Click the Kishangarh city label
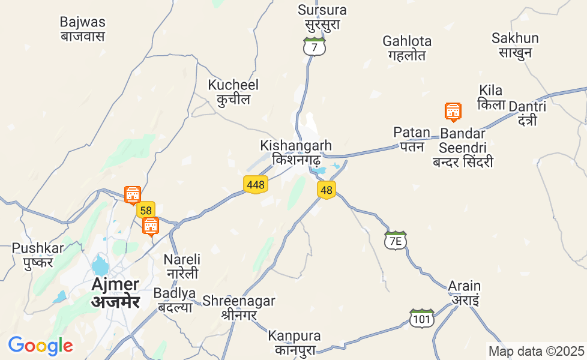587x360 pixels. [x=296, y=153]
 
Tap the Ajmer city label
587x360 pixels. [x=115, y=292]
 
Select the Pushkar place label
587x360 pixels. [x=38, y=255]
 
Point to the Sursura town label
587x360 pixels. [x=322, y=17]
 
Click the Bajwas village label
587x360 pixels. [x=83, y=29]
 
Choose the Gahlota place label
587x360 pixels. [x=407, y=48]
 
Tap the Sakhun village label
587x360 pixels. [x=515, y=45]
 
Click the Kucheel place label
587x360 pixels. [x=233, y=92]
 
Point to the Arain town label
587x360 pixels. [x=465, y=293]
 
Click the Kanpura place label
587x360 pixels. [x=295, y=343]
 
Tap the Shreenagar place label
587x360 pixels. [x=239, y=307]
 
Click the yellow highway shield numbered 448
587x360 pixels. [x=256, y=185]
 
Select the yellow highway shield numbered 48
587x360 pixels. [x=327, y=190]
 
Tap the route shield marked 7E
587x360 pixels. [x=395, y=241]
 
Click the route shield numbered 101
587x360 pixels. [x=422, y=319]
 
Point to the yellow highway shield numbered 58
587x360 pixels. [x=145, y=210]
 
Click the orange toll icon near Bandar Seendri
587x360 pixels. [x=453, y=112]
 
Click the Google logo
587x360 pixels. [x=40, y=346]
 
